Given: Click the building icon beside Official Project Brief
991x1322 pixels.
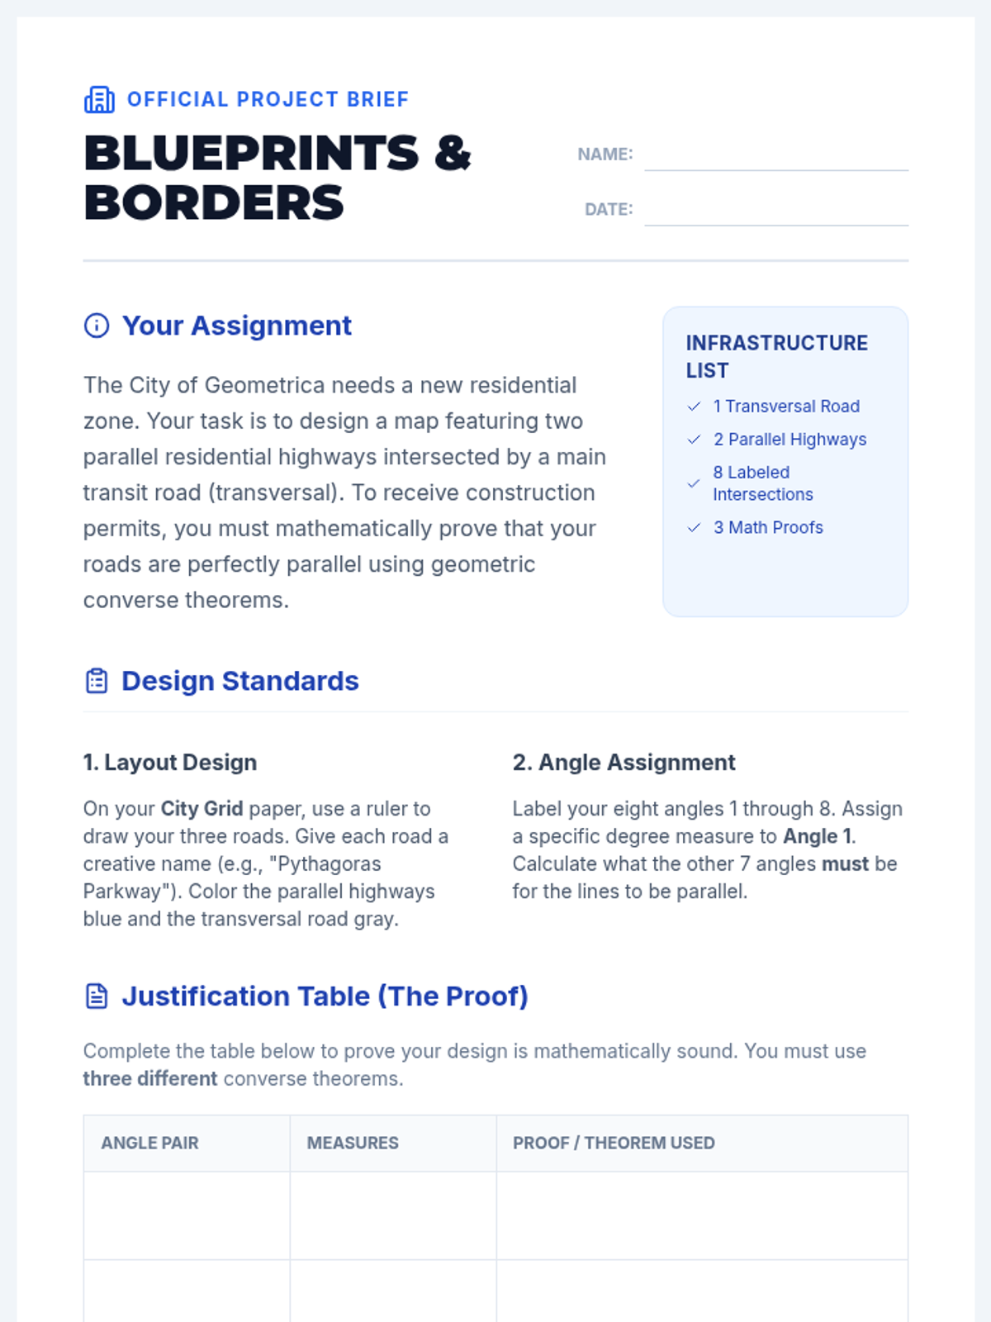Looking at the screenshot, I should tap(99, 99).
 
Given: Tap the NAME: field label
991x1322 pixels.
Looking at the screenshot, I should tap(605, 155).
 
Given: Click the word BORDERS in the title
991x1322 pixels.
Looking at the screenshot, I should tap(214, 203).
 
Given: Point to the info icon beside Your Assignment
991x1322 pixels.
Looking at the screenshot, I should tap(97, 326).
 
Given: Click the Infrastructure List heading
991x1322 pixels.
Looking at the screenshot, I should tap(776, 356).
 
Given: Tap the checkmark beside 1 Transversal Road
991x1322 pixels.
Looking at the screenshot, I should tap(695, 407).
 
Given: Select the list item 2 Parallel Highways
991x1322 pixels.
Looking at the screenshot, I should tap(789, 440).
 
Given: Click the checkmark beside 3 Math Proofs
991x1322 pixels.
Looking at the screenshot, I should tap(695, 527).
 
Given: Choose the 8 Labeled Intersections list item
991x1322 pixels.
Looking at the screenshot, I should tap(762, 483).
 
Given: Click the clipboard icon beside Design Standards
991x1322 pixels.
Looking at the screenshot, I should tap(97, 681).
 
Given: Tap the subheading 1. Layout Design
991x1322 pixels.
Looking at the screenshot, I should tap(170, 762).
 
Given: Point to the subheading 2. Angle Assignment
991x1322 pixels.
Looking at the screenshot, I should tap(624, 762).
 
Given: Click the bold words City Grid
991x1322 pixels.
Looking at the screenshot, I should tap(202, 808).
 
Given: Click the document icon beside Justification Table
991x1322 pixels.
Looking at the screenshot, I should tap(97, 996).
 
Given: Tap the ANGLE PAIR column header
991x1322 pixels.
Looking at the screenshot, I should tap(149, 1143).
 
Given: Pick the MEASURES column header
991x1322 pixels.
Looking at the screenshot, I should tap(353, 1143).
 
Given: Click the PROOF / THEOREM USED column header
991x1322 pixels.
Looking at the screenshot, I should tap(614, 1143).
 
